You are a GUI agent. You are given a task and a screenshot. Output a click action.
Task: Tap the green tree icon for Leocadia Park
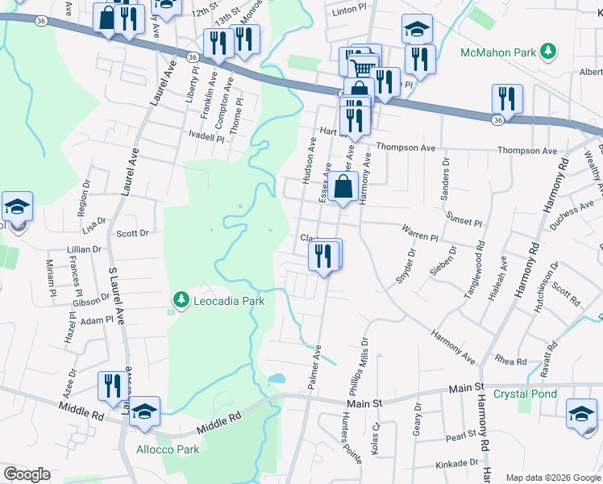181,301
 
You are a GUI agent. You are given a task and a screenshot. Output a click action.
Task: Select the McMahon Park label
497,52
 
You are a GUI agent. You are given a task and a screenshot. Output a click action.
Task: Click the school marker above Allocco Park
145,411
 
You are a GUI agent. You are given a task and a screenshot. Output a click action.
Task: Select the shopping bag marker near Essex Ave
343,186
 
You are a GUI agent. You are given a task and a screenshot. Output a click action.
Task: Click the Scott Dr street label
133,233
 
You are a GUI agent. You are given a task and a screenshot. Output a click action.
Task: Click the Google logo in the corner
27,474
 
